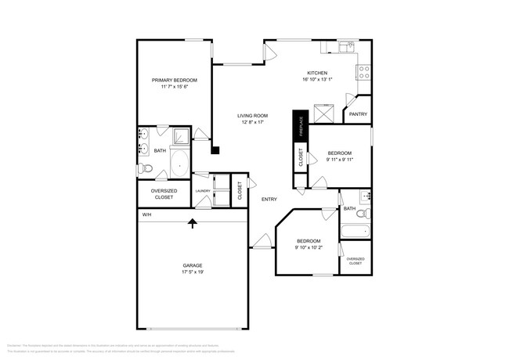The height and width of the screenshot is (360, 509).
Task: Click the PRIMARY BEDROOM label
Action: coord(174,81)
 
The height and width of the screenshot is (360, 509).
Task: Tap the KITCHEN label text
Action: coord(317,73)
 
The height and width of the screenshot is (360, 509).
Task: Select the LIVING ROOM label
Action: coord(252,116)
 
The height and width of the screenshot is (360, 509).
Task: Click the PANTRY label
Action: coord(358,114)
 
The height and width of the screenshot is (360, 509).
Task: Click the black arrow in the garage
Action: coord(193,225)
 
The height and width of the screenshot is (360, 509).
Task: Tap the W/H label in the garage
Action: coord(146,214)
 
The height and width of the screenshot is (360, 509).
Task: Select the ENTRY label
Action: coord(269,200)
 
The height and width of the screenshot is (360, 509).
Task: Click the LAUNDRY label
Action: coord(202,190)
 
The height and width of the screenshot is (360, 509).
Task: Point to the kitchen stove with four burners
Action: coord(364,72)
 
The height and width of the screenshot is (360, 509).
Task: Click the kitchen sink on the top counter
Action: coord(345,48)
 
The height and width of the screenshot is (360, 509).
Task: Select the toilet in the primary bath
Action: coord(145,169)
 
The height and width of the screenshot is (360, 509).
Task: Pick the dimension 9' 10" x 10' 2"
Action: coord(308,248)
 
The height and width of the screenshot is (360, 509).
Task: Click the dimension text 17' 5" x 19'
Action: coord(193,273)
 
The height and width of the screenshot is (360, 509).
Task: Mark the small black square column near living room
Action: coord(217,150)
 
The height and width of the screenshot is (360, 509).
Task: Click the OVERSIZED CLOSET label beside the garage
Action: coord(164,195)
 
